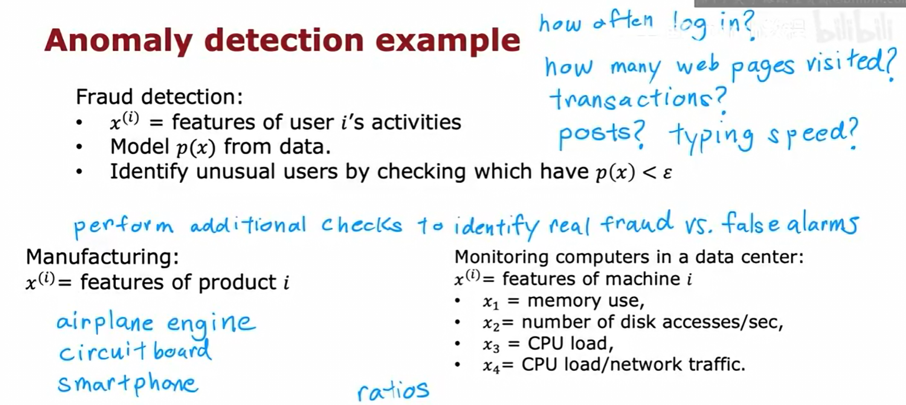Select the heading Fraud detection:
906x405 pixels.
point(159,97)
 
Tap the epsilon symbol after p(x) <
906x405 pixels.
point(667,173)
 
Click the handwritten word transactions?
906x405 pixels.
point(637,98)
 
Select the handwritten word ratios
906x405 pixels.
point(393,390)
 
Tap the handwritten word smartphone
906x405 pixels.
point(128,384)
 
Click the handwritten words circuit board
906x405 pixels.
point(135,351)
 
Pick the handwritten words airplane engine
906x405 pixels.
point(156,322)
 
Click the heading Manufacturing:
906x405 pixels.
point(102,257)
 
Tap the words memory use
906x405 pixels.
point(586,300)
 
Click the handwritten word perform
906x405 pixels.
point(123,226)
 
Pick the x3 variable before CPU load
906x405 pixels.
point(491,345)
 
